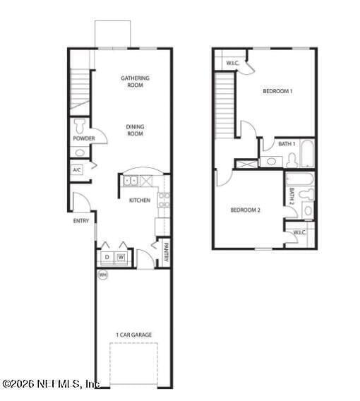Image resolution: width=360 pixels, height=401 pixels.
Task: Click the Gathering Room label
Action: point(135,81)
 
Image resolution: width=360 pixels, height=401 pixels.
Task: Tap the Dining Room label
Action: point(135,130)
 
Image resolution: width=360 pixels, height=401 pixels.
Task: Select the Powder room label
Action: point(83,138)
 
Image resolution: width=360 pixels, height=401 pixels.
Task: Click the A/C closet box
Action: point(77,170)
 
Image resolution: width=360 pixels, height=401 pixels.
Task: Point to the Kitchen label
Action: point(139,200)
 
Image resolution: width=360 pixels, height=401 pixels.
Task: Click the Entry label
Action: point(81,221)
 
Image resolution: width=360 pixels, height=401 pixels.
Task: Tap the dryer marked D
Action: point(107,257)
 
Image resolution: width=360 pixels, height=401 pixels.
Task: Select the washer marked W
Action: point(121,257)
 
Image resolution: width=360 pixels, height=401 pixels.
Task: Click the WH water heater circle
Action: point(103,275)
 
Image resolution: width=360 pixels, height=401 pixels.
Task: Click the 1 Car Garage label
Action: point(134,335)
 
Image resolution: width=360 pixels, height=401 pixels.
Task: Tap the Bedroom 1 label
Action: point(277,92)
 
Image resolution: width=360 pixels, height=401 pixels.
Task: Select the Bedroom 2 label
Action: point(246,210)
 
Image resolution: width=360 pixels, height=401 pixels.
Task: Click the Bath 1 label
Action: point(287,144)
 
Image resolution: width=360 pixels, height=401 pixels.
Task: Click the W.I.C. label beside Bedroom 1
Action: point(233,64)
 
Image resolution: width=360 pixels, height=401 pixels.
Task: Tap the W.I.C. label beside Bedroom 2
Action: point(299,232)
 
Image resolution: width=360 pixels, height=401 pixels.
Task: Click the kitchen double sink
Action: point(132,181)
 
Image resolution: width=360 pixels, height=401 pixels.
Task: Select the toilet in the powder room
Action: point(80,125)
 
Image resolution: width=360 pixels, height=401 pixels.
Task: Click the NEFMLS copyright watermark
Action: point(51,385)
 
